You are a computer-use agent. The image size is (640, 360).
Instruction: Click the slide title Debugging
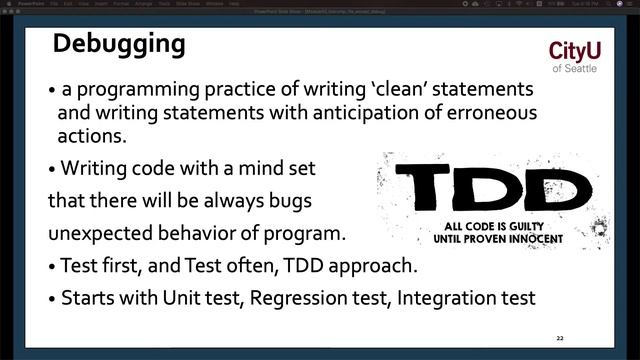(x=119, y=45)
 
